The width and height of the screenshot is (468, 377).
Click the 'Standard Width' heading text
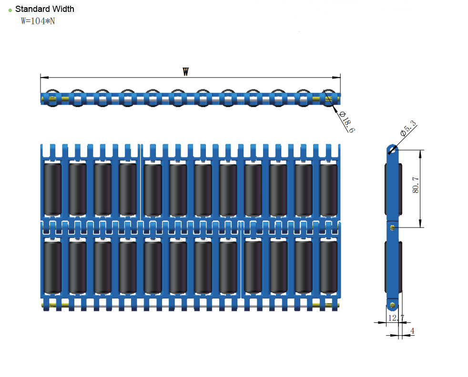(44, 9)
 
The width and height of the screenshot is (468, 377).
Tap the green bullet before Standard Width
(10, 10)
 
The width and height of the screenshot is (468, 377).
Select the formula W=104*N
(38, 21)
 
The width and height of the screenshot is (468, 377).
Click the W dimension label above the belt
(186, 72)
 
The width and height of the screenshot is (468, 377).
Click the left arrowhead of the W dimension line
(42, 77)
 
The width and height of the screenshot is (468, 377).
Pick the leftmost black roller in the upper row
(52, 189)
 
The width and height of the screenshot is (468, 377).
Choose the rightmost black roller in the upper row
(329, 189)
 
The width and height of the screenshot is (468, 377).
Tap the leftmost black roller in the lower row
(52, 267)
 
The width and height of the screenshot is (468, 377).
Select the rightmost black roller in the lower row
(329, 267)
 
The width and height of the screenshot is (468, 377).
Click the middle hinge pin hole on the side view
(392, 228)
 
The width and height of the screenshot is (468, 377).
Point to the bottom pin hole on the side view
(392, 304)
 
